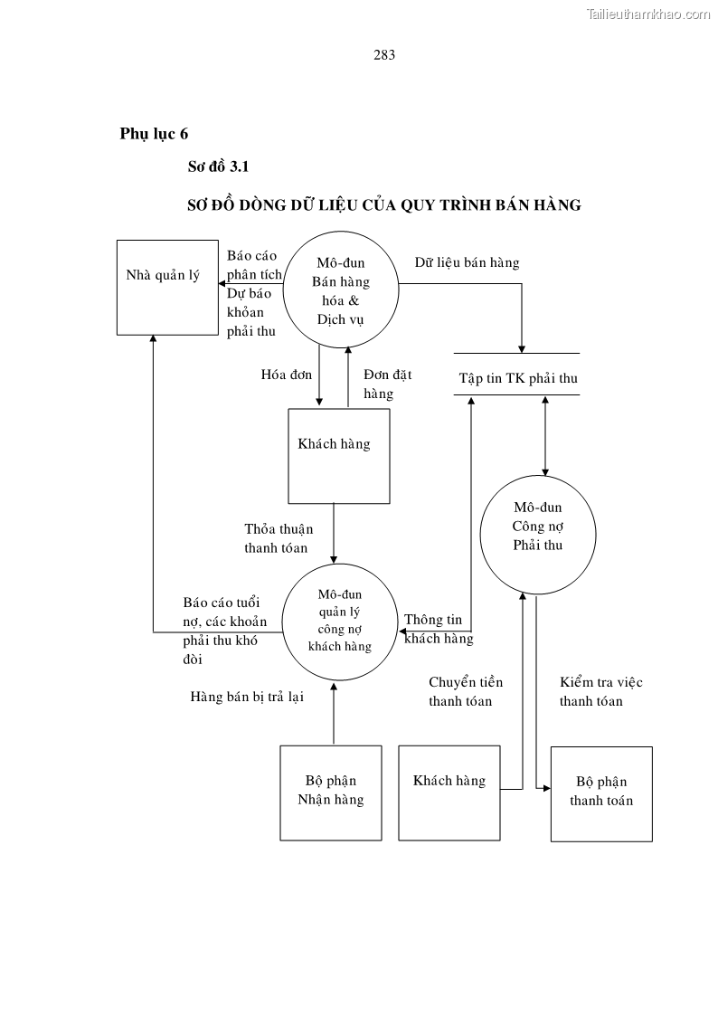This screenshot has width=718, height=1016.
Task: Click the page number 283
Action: pos(384,54)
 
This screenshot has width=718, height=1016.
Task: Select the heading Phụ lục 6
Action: pos(154,134)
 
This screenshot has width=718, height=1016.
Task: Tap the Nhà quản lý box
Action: pos(167,287)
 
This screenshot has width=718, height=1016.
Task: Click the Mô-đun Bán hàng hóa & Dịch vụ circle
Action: pos(341,290)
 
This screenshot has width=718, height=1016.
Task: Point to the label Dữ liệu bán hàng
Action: pos(467,262)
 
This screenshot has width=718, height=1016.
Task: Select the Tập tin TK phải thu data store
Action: pos(516,377)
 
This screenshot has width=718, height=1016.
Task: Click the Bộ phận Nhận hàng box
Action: pos(330,793)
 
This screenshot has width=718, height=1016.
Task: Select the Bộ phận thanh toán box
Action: pos(601,793)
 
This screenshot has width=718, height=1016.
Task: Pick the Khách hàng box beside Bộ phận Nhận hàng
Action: pos(449,792)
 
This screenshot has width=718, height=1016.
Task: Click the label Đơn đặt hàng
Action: pos(387,384)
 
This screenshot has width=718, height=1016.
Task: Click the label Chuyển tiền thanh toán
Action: pos(465,691)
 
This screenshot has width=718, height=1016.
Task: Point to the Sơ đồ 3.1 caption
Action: pos(217,166)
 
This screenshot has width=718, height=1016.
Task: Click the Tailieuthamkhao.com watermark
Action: pos(649,14)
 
